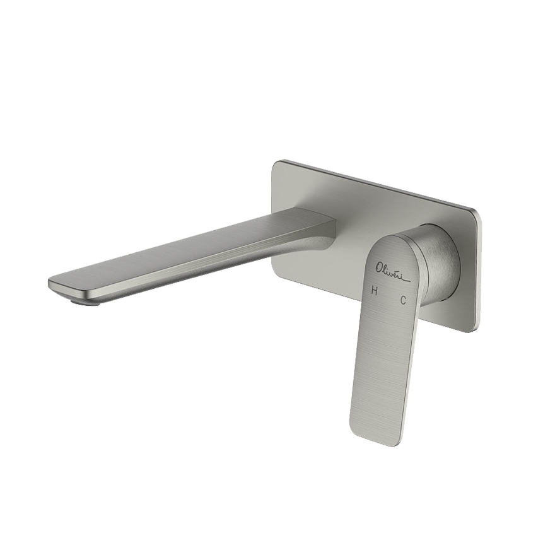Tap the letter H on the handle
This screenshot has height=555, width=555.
[x=375, y=291]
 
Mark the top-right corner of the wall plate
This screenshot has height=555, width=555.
[x=474, y=208]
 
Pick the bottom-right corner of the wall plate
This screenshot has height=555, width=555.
[x=474, y=330]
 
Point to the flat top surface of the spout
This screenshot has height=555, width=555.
[x=189, y=252]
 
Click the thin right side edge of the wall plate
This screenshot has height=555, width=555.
[x=478, y=271]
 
